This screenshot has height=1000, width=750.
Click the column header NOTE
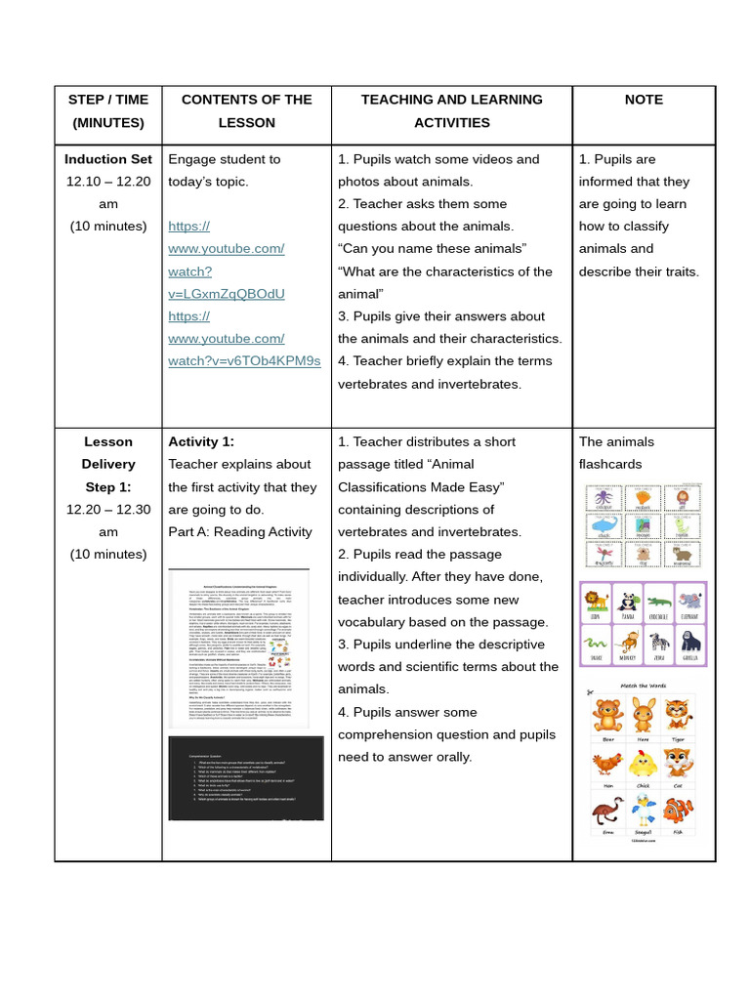pyautogui.click(x=644, y=100)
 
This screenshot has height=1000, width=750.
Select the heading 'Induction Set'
pyautogui.click(x=108, y=159)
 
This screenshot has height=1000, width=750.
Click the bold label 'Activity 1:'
pyautogui.click(x=201, y=441)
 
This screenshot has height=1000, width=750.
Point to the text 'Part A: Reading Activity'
pyautogui.click(x=240, y=531)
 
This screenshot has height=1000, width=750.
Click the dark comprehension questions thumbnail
pyautogui.click(x=246, y=778)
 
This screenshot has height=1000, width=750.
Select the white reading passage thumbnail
pyautogui.click(x=239, y=647)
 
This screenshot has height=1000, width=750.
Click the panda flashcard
pyautogui.click(x=627, y=602)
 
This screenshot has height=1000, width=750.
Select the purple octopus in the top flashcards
pyautogui.click(x=603, y=498)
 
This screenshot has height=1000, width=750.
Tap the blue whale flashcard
pyautogui.click(x=603, y=526)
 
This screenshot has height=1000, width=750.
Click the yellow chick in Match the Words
pyautogui.click(x=642, y=765)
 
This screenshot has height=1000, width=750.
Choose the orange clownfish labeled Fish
pyautogui.click(x=676, y=812)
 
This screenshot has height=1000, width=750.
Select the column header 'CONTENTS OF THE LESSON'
pyautogui.click(x=246, y=111)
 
